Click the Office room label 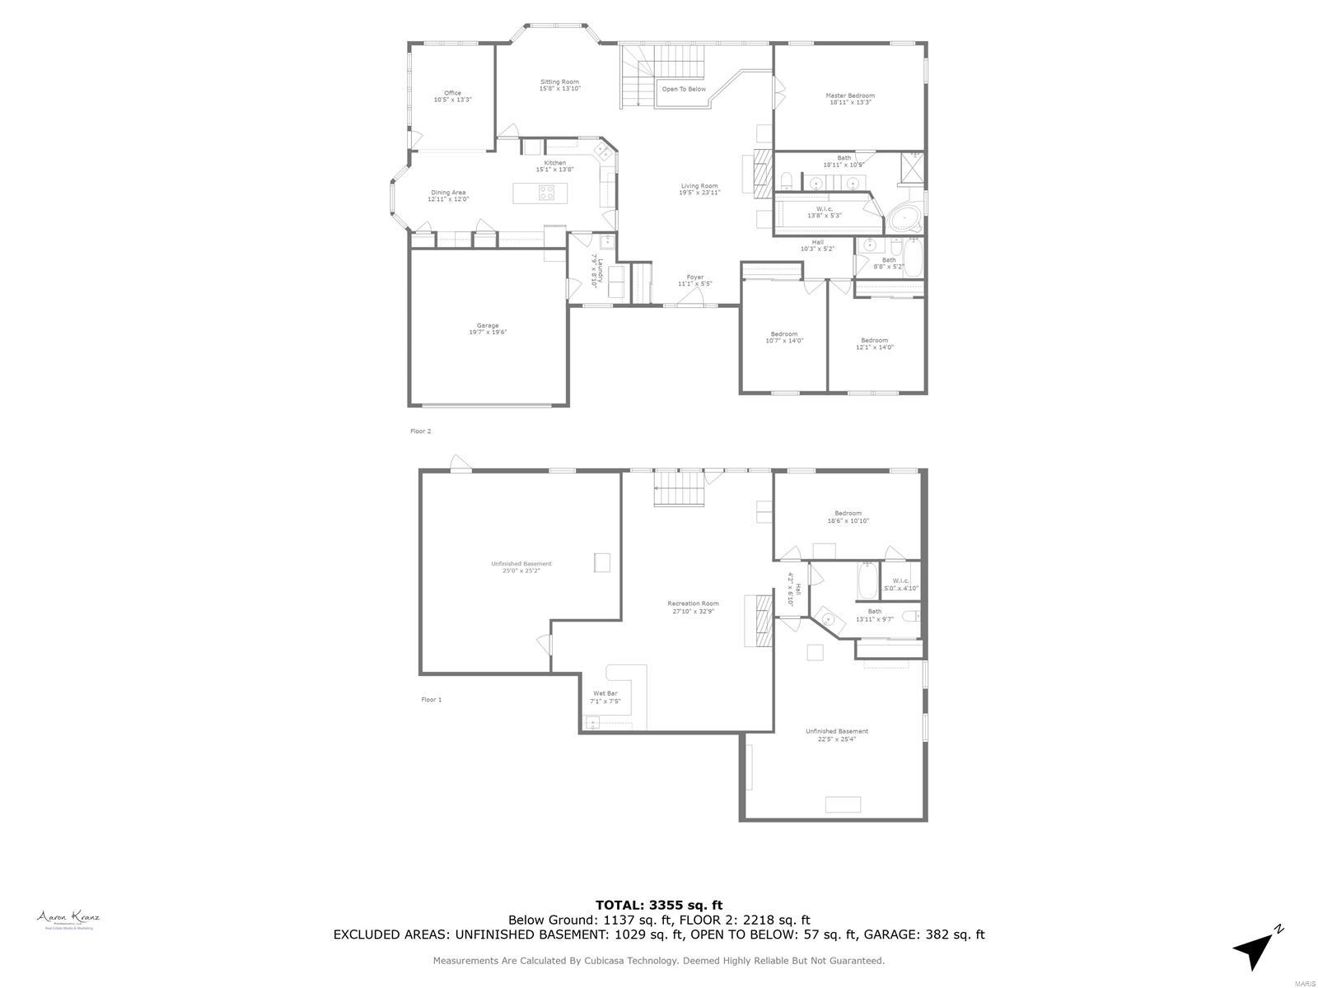point(452,96)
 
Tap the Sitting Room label point(559,85)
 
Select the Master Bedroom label point(850,99)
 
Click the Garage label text point(488,329)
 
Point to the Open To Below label point(684,89)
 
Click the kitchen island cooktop point(548,193)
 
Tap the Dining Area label point(448,196)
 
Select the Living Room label point(699,189)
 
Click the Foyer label point(695,280)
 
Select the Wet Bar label point(605,697)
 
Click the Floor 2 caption point(420,431)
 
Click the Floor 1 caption point(432,700)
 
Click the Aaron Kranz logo point(68,920)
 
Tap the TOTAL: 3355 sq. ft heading point(659,905)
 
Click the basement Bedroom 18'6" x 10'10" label point(848,516)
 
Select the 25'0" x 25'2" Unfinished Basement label point(521,566)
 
